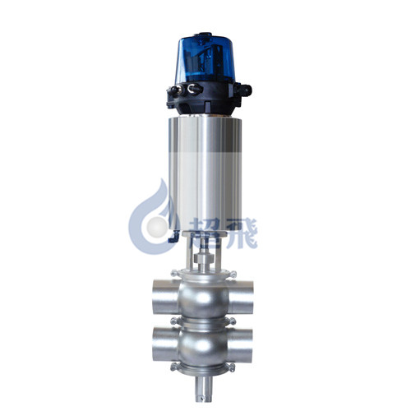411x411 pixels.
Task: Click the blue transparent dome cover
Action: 205,60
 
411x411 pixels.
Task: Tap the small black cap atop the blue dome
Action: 203,35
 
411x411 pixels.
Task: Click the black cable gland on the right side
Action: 244,90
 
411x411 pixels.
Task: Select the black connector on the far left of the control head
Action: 173,91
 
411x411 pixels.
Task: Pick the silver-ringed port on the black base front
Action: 194,89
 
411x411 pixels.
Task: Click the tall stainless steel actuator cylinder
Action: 205,174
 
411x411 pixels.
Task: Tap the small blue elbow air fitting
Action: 173,237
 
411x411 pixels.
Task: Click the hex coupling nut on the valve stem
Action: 204,258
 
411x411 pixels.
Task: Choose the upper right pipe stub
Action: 240,297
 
